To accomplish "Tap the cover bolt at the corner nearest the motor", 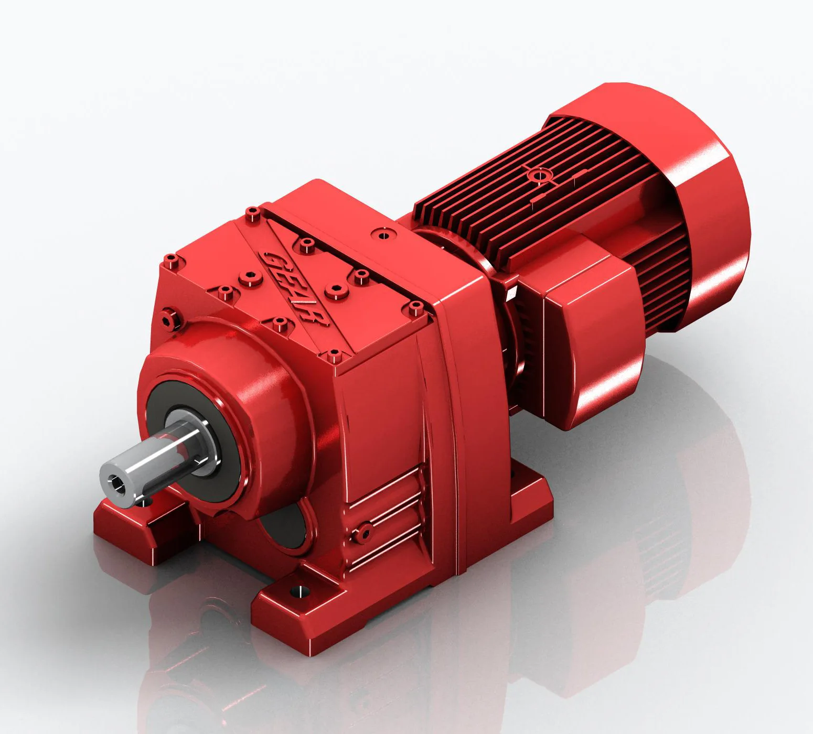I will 416,308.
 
